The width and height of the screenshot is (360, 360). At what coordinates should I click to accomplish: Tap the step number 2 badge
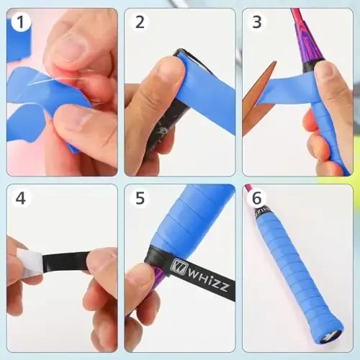tap(140, 22)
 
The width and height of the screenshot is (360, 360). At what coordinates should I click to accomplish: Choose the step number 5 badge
tap(140, 198)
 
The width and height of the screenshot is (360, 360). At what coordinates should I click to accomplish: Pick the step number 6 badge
tap(257, 198)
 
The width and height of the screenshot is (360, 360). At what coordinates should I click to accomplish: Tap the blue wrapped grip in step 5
tap(194, 216)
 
